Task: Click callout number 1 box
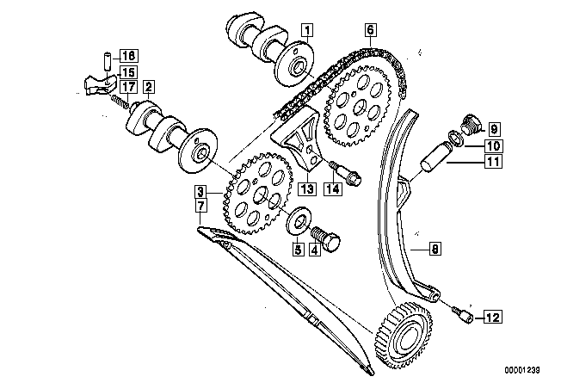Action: point(307,30)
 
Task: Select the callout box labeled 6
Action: point(370,29)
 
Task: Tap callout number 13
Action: point(307,188)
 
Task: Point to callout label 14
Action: point(332,188)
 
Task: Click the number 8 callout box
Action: point(435,249)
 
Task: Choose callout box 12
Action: point(493,317)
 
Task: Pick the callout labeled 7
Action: point(200,206)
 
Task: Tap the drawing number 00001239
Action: point(522,370)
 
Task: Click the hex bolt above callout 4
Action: point(326,238)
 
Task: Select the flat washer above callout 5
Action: point(299,221)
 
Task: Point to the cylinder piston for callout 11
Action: point(434,157)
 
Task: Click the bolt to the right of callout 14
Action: point(346,174)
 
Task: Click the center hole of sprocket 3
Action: point(260,194)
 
